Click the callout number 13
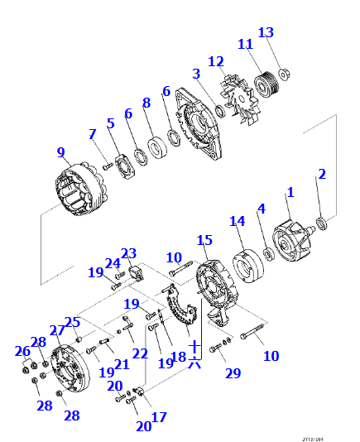(265, 32)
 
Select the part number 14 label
(238, 221)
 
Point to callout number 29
(233, 373)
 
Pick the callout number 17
(158, 417)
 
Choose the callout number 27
(56, 330)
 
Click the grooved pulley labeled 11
(266, 83)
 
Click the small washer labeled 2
(322, 223)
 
